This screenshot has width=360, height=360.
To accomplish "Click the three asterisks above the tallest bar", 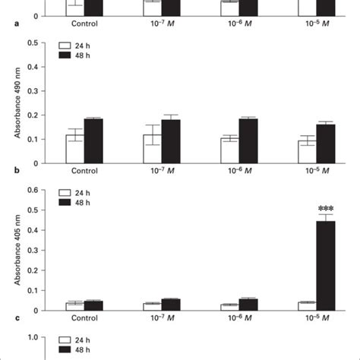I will (326, 207).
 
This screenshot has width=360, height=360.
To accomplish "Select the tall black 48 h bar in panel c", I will (326, 265).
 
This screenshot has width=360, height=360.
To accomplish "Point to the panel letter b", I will (6, 172).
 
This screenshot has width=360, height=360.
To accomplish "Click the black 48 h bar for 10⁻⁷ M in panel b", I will (170, 141).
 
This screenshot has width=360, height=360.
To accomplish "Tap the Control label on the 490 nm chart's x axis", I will (84, 172).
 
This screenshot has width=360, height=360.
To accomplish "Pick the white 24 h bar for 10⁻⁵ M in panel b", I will (307, 151).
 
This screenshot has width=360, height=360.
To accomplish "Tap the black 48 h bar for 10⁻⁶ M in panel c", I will (248, 305).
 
